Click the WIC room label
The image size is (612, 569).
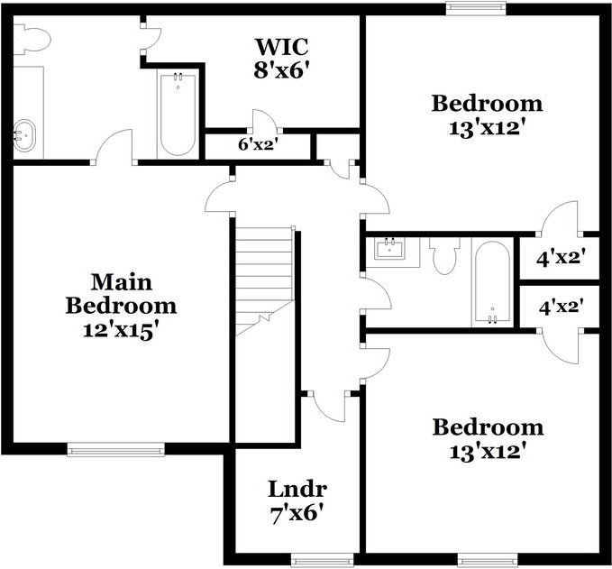pos(282,47)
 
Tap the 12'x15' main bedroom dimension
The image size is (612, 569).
pos(121,331)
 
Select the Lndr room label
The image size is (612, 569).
pos(297,489)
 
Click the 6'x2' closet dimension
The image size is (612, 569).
pos(258,145)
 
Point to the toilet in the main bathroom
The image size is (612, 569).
pos(32,39)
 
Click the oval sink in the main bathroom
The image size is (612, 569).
pos(24,135)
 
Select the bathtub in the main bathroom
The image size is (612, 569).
pos(178,115)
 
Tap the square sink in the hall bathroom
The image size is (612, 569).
pos(389,249)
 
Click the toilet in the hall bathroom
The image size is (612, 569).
pos(445,255)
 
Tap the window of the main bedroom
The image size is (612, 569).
pos(116,449)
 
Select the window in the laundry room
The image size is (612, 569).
pos(323,560)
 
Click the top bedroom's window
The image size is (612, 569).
pos(476,9)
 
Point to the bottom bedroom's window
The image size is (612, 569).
pos(488,560)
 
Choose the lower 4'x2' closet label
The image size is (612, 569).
pos(562,307)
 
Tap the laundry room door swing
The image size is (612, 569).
pos(327,406)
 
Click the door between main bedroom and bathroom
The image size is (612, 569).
pos(114,146)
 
